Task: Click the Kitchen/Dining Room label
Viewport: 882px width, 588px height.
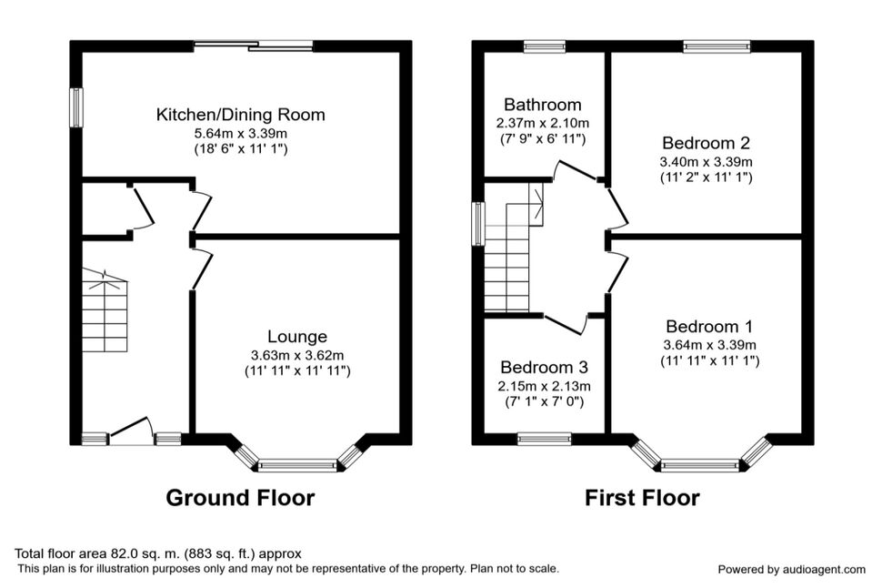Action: (241, 115)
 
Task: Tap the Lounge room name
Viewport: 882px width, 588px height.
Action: (297, 336)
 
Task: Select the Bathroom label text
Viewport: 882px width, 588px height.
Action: (543, 105)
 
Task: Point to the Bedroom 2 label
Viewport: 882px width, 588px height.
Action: (706, 143)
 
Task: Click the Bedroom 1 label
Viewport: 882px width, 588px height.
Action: (709, 327)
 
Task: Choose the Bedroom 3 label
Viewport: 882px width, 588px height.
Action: (544, 367)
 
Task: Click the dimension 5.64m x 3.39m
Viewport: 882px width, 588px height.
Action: (241, 134)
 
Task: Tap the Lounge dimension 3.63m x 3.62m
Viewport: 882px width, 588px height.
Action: (297, 356)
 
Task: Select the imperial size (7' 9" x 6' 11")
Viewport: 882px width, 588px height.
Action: (543, 138)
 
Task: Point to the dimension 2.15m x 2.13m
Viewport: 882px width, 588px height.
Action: (544, 387)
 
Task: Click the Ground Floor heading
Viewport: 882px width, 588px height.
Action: (240, 498)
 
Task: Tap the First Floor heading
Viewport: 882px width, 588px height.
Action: (642, 498)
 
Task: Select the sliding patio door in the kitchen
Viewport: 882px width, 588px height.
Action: (254, 46)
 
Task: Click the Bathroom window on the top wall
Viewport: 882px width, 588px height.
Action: (545, 46)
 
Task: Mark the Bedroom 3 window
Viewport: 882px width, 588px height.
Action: (545, 439)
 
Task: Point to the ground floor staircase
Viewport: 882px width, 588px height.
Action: (105, 311)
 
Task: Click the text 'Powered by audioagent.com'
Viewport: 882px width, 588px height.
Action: (791, 570)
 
